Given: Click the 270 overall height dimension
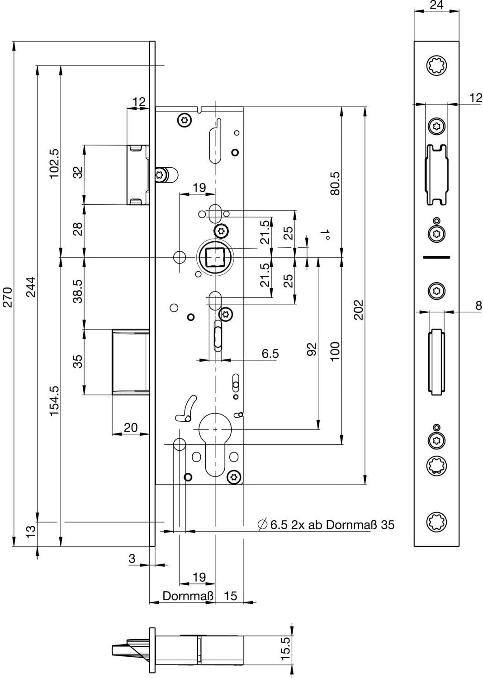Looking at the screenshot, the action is [x=7, y=297].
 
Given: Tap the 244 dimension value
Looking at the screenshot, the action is [x=31, y=287].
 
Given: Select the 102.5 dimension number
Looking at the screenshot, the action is [x=55, y=164].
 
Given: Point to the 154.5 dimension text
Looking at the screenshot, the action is [x=55, y=401].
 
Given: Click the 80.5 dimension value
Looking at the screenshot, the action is [x=335, y=184].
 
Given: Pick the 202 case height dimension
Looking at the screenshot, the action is [x=359, y=310].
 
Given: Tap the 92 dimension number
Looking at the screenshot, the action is [x=312, y=349].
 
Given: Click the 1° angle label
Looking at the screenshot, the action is [x=325, y=235].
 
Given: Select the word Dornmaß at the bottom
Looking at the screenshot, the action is [x=188, y=596].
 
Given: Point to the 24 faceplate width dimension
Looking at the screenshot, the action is [x=436, y=5].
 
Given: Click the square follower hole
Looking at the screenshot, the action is [x=215, y=257].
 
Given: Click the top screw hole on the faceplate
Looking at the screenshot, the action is [x=436, y=65].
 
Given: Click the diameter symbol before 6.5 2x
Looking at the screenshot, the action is [x=262, y=525].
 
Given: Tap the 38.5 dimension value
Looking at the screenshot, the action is [x=78, y=292].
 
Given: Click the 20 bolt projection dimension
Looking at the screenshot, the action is [x=131, y=428].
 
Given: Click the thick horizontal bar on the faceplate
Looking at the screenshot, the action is [x=436, y=257].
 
